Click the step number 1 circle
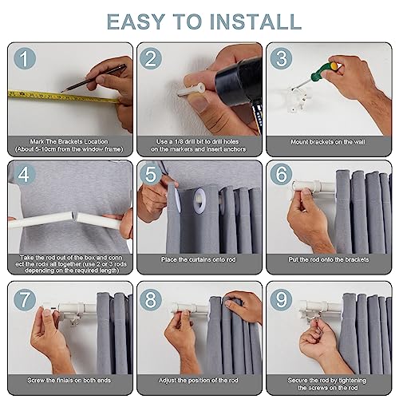tap(25, 58)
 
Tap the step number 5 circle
tap(151, 174)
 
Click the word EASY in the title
tap(136, 22)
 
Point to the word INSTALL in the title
tap(256, 22)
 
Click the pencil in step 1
tap(93, 78)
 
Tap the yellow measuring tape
tap(63, 97)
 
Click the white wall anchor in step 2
tap(192, 89)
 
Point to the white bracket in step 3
tap(297, 101)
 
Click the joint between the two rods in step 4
tap(75, 218)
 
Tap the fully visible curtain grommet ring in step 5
tap(199, 200)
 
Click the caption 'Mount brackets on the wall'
tap(328, 142)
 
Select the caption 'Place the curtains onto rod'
tap(199, 259)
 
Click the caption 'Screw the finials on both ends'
tap(69, 381)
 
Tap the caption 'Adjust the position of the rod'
tap(199, 381)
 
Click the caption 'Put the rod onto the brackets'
tap(329, 259)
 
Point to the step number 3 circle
tap(282, 58)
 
